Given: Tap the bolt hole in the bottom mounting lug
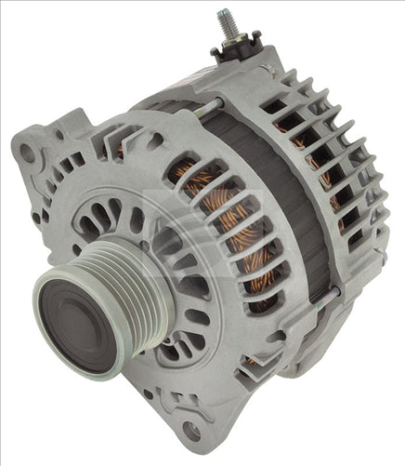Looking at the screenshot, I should pos(190,431).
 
